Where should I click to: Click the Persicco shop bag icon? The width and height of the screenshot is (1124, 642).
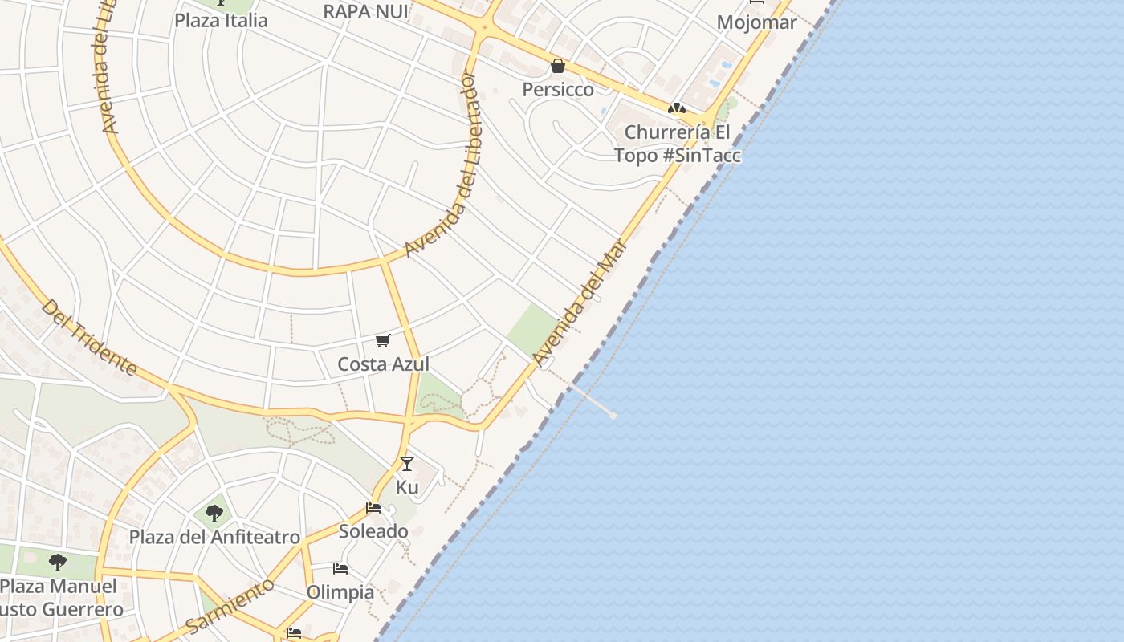point(558,66)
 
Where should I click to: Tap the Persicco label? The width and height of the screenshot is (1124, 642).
point(558,89)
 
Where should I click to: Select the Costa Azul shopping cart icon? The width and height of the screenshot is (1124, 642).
point(383,341)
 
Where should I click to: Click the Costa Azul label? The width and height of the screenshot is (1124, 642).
point(383,364)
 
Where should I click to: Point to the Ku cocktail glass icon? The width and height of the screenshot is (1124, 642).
point(407,464)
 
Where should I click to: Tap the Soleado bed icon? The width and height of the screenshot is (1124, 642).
point(373,508)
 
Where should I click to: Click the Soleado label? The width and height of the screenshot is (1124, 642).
point(373,531)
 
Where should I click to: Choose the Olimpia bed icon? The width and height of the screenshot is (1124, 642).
point(340,569)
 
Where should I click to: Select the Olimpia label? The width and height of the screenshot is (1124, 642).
point(340,592)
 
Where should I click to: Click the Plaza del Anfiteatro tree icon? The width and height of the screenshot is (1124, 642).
point(214,514)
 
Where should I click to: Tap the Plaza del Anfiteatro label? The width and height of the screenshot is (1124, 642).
point(214,537)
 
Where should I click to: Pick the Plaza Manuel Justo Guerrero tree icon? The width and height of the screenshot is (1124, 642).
point(57,562)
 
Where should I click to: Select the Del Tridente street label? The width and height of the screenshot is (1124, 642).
point(89,337)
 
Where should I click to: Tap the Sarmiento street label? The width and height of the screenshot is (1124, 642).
point(230,606)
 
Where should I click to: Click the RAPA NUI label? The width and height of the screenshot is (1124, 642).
point(365,11)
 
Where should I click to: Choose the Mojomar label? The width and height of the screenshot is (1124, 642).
point(756,22)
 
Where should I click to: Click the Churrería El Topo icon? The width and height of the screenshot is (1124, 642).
point(677,108)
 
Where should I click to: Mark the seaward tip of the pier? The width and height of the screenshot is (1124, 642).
point(613,415)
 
